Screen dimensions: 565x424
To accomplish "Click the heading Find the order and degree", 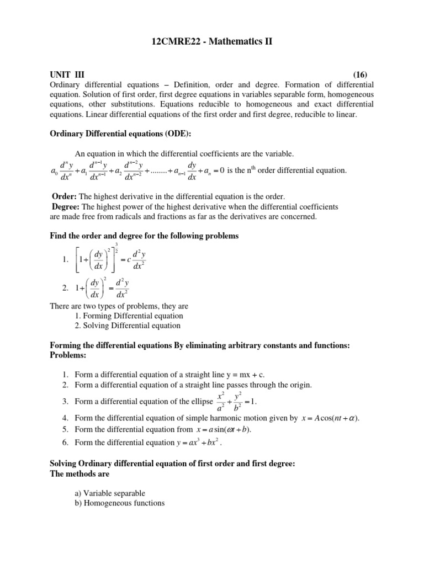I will (x=144, y=236).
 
